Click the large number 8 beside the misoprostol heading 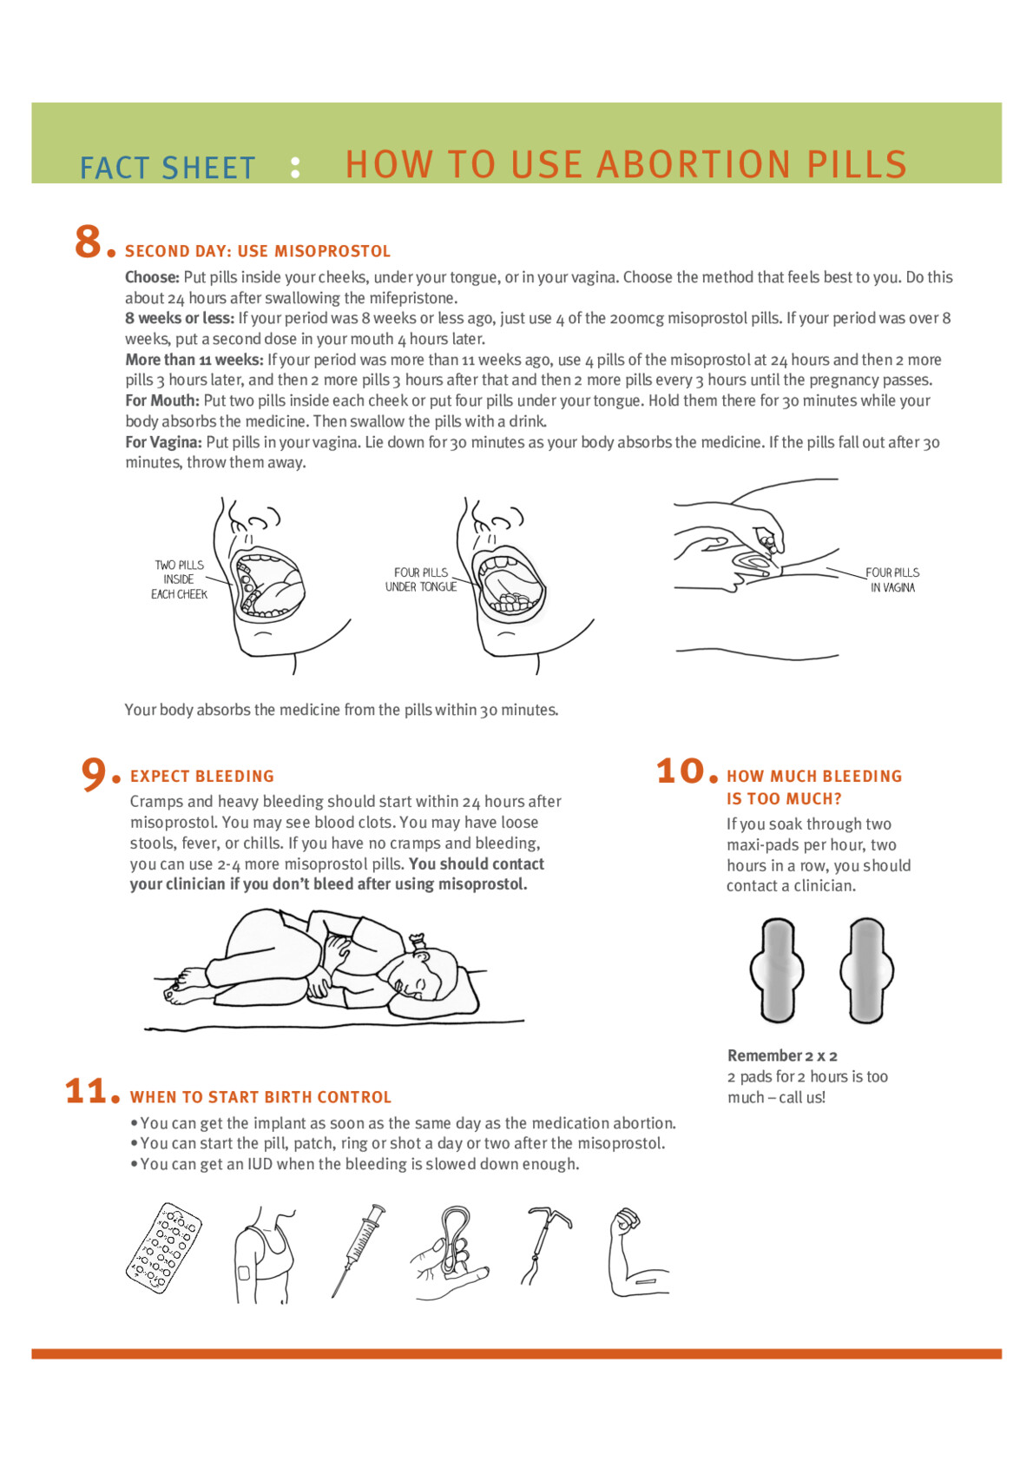point(89,241)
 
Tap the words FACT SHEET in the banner point(168,168)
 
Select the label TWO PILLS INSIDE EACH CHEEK point(179,579)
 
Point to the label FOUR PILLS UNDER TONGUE point(421,579)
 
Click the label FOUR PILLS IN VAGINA point(892,579)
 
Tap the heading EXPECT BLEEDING point(201,776)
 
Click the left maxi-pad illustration point(777,969)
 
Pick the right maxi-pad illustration point(866,969)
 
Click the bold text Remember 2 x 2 point(782,1055)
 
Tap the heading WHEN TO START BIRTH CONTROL point(260,1097)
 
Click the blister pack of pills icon point(163,1248)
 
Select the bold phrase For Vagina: point(163,442)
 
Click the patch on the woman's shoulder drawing point(244,1273)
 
